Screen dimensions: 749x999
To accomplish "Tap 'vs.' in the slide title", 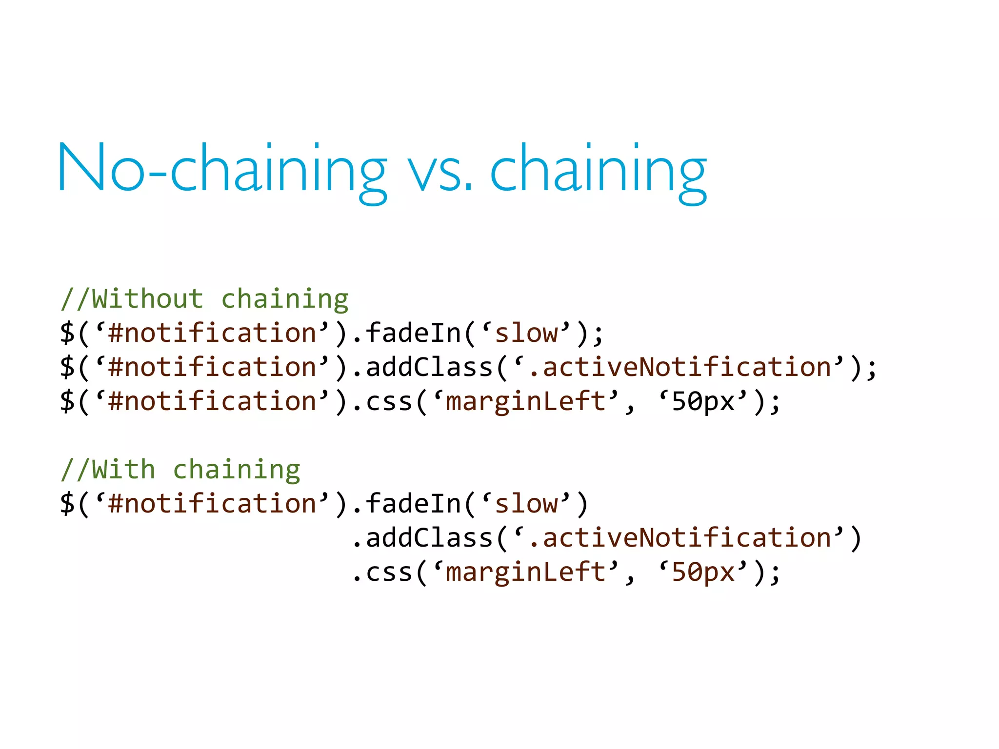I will click(440, 171).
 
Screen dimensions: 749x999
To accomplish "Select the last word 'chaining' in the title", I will click(598, 171).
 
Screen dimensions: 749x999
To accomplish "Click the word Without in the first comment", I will click(147, 298).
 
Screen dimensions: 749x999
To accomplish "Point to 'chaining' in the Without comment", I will click(285, 299).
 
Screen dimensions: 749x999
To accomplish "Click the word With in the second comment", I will click(123, 470).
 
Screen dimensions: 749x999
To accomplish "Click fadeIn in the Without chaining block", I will click(414, 333).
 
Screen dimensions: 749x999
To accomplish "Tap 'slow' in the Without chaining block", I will click(526, 333).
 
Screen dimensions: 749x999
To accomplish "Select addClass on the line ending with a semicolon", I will click(429, 367).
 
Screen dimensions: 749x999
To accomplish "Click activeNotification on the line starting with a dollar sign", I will click(687, 367).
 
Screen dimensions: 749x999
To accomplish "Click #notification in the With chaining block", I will click(212, 504).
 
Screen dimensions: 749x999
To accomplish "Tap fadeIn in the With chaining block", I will click(414, 504).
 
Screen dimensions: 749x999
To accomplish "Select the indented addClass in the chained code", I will click(429, 538).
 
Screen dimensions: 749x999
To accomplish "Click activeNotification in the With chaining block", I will click(687, 538).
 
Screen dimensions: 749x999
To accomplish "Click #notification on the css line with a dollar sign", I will click(212, 401).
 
